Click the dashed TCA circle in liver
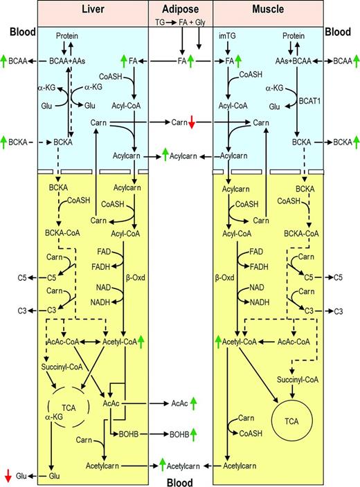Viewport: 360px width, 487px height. (69, 408)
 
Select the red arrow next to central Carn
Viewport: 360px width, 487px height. (192, 123)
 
